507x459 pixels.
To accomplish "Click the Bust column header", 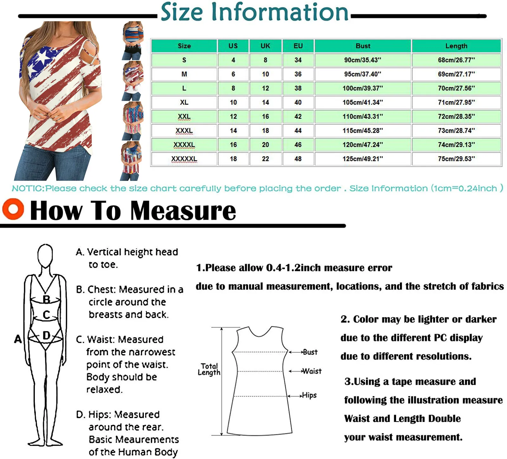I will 363,46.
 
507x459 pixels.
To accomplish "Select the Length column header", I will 456,46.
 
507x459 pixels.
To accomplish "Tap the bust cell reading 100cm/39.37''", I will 363,88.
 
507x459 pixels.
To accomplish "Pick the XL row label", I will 184,102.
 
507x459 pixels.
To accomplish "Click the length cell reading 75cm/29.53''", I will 456,159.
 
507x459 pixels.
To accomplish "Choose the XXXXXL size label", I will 184,159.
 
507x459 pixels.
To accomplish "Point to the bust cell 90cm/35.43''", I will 363,60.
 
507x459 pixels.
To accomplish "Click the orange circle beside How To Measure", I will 13,209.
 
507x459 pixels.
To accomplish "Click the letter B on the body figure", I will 46,299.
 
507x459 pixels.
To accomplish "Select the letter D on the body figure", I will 46,335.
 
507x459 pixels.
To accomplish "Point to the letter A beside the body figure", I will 18,339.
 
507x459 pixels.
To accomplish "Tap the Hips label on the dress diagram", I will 309,395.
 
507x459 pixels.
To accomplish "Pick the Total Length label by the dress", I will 209,369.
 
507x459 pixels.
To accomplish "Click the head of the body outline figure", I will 45,255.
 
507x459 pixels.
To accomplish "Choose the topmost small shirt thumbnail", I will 133,40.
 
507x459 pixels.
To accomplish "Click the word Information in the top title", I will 279,12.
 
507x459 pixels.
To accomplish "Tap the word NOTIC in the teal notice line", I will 28,188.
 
